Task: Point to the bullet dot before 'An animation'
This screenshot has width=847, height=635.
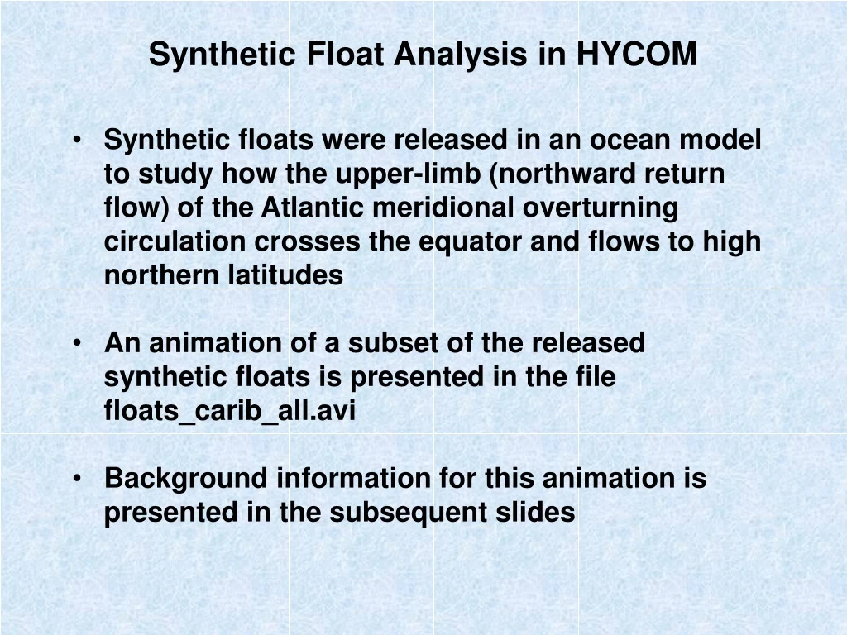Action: pos(76,343)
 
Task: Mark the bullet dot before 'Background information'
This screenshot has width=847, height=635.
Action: pos(76,479)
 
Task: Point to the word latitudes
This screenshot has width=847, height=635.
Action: pos(285,275)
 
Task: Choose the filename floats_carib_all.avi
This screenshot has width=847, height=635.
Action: pos(229,411)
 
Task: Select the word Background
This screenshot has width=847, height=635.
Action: pos(184,479)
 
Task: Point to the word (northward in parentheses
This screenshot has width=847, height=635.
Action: pos(577,174)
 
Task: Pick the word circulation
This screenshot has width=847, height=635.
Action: pos(175,241)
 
